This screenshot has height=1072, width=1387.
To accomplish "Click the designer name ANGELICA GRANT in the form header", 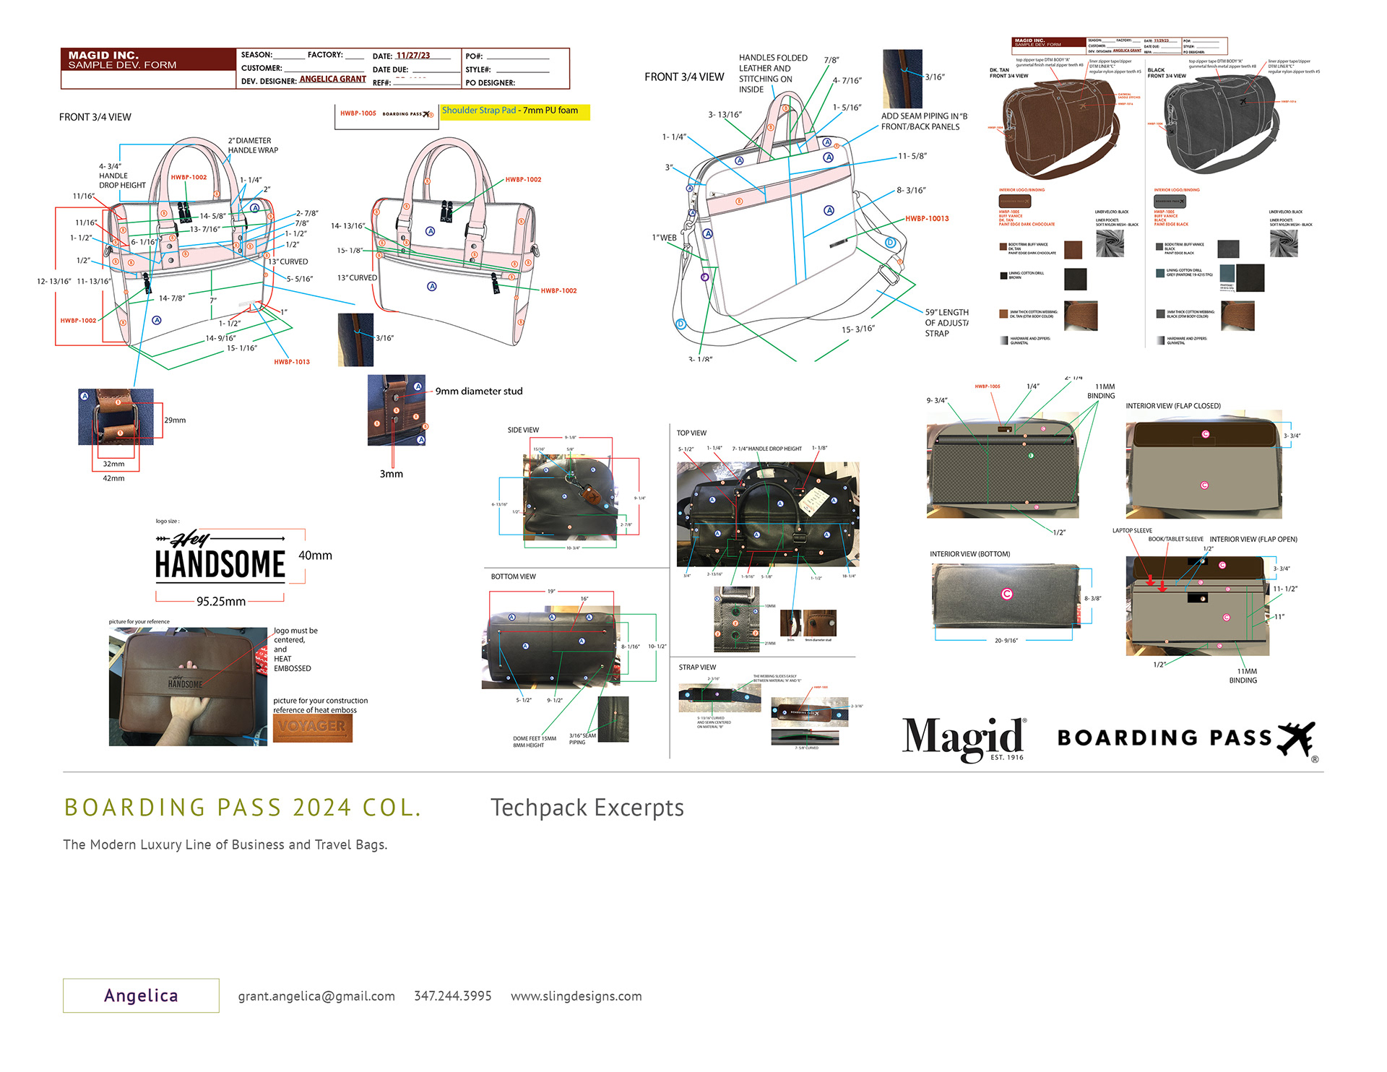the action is (332, 79).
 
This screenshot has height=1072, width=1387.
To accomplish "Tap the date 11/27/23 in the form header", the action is (412, 56).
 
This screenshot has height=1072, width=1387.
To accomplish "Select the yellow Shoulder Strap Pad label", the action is (515, 111).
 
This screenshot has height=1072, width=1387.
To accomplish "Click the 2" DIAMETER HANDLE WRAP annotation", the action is (252, 145).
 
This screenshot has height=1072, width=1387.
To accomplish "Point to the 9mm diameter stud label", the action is (478, 392).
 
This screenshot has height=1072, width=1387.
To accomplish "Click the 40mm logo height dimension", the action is (315, 556).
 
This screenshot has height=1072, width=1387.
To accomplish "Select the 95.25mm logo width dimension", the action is (220, 602).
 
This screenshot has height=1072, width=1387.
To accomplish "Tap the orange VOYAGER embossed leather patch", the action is (312, 727).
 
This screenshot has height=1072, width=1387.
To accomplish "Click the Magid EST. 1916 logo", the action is (964, 738).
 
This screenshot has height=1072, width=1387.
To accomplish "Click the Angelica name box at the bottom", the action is (141, 995).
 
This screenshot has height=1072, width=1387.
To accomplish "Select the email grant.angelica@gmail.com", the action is (316, 996).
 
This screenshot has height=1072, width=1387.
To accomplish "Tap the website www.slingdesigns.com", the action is (576, 996).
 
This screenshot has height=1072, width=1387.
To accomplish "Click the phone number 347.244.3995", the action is (452, 996).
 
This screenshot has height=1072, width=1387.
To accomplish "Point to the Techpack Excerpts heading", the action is (587, 808).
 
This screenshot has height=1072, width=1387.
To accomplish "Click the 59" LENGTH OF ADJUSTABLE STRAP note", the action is (946, 323).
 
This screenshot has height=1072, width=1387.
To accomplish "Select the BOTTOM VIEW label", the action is (513, 576).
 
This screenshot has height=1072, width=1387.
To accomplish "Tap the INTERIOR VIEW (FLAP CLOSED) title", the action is (1172, 406).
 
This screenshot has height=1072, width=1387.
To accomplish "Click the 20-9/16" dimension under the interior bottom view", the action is (1006, 641).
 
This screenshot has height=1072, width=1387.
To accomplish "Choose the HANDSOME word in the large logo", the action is (220, 565).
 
